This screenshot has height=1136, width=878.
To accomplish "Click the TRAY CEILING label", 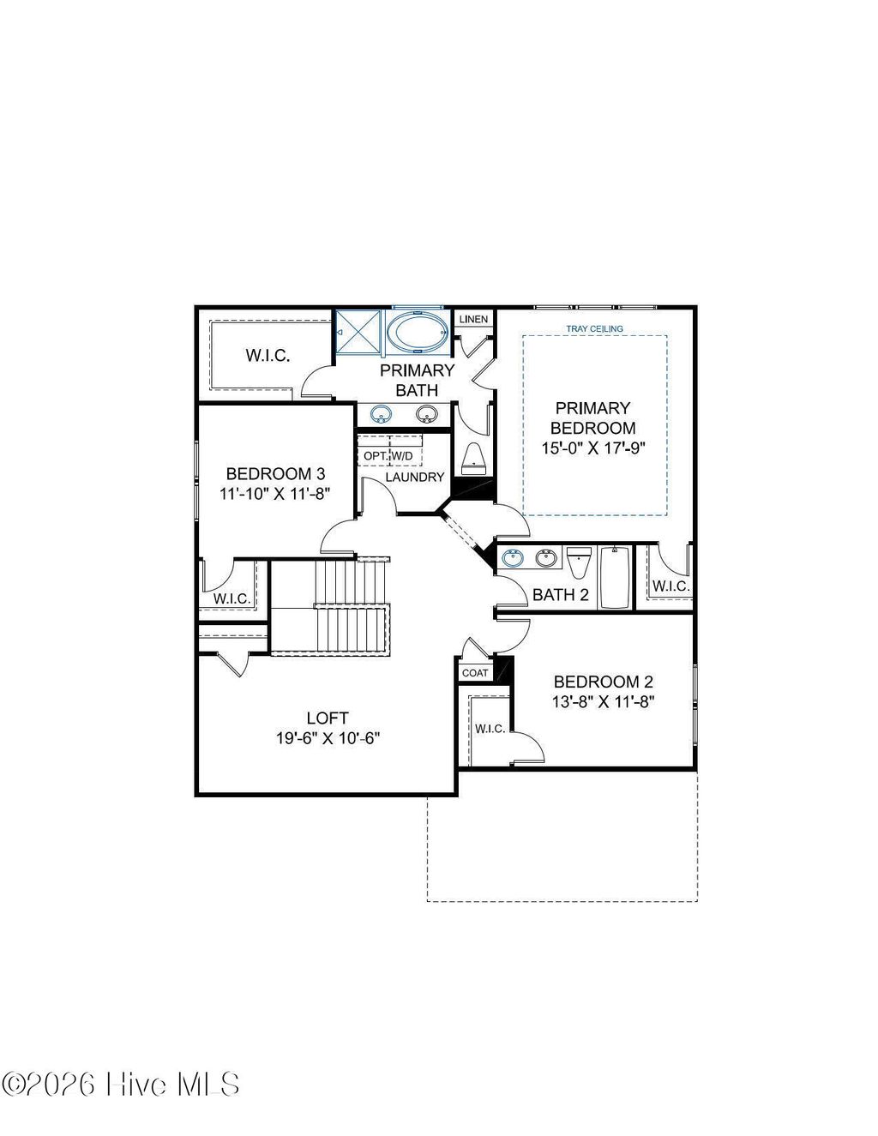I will tap(594, 328).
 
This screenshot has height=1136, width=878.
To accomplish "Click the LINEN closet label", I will tap(473, 319).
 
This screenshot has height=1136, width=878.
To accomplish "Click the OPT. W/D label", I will tap(388, 455).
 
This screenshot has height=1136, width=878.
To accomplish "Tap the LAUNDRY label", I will tap(414, 477).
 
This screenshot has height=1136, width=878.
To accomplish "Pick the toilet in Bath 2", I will tap(579, 562).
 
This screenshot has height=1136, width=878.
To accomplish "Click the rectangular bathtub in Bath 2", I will tap(615, 577).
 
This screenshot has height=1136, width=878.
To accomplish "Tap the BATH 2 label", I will tap(560, 594).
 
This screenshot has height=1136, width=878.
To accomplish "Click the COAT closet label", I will tap(475, 673).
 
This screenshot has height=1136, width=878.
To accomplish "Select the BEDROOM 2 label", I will tap(603, 682).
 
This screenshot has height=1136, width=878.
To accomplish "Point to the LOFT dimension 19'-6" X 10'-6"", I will tap(328, 738).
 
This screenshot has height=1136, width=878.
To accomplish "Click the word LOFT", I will tap(328, 718).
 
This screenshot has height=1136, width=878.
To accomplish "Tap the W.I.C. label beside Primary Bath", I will tap(268, 355).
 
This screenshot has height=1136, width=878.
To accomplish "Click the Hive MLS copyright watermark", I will tap(121, 1084).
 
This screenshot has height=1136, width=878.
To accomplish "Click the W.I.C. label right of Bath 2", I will tap(670, 586).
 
